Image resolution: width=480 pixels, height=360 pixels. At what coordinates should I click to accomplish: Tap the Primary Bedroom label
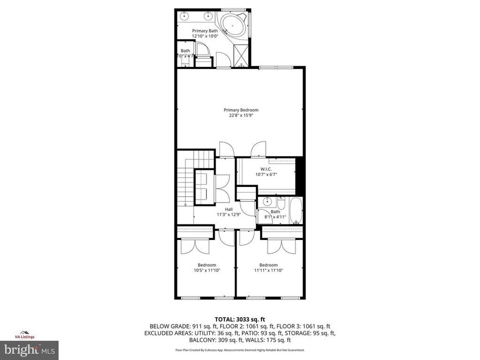coord(240,110)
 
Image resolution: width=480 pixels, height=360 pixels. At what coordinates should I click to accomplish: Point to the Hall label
coord(228,209)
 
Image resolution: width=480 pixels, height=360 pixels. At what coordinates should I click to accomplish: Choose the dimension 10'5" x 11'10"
coord(206,270)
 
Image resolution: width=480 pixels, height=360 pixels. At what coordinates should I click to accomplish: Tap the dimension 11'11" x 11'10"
coord(268,270)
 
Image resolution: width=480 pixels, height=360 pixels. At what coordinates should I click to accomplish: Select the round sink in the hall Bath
coord(267,201)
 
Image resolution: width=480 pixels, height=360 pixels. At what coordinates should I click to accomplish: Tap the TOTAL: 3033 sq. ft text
coord(240,318)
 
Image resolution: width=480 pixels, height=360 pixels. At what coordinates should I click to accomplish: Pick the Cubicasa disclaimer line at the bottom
coord(240,351)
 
